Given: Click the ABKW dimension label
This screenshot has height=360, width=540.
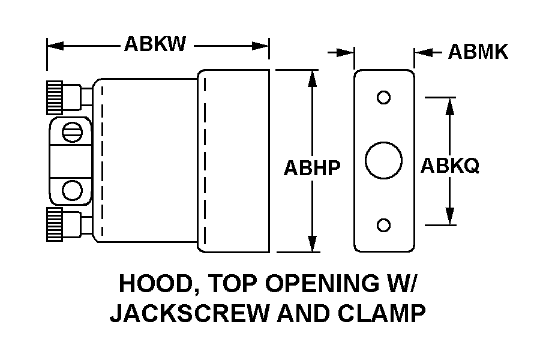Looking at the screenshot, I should click(x=155, y=44).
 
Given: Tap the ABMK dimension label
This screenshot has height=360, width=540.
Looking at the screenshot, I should click(x=478, y=53).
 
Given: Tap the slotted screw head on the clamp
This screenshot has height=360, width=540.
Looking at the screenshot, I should click(x=72, y=131).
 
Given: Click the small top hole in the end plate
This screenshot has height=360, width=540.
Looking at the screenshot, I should click(x=383, y=97).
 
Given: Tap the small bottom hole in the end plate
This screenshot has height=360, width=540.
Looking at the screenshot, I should click(x=383, y=225).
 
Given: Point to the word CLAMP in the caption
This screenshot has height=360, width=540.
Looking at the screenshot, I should click(x=385, y=314).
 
